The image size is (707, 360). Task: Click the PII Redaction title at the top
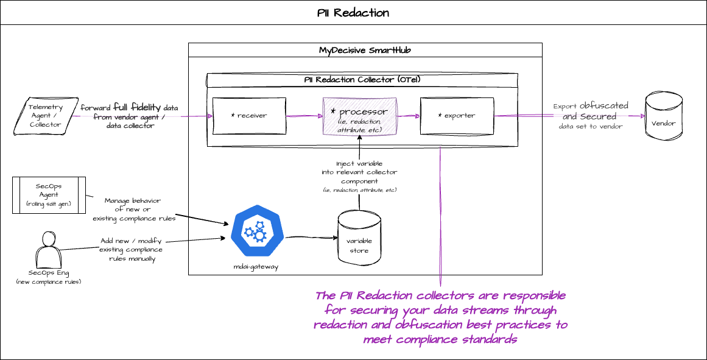click(353, 13)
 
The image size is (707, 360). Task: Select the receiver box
click(249, 115)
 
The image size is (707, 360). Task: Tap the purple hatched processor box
click(359, 116)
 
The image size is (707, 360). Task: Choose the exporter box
click(457, 115)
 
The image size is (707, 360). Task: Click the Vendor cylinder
click(663, 122)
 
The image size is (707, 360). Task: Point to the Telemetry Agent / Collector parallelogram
click(46, 116)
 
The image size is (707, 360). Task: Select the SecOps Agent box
click(49, 195)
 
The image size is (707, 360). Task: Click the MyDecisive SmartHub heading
click(365, 50)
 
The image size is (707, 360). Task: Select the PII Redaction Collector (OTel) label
click(362, 80)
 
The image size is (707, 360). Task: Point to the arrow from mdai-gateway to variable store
click(311, 236)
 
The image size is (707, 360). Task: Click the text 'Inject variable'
click(359, 164)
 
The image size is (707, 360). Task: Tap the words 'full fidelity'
click(137, 107)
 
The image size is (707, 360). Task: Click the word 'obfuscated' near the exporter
click(603, 106)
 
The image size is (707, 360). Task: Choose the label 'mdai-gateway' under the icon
click(256, 266)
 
